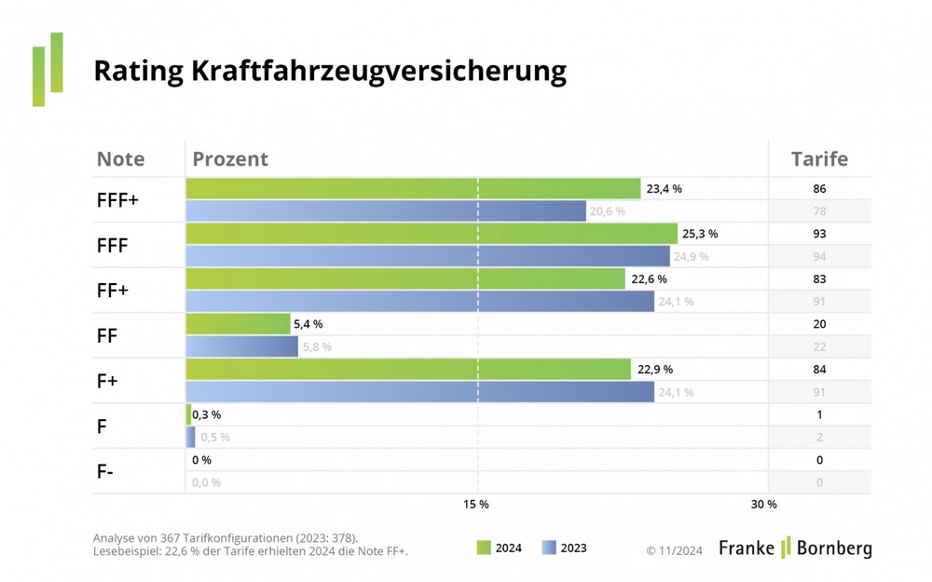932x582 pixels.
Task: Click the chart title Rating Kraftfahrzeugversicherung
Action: point(330,71)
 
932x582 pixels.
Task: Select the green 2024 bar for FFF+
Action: point(413,189)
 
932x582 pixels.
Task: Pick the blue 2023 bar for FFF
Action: point(427,256)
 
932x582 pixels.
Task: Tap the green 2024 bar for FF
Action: point(238,324)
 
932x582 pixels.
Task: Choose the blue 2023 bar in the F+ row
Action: point(419,392)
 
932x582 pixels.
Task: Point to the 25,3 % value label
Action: point(700,234)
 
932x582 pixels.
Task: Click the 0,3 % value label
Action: point(207,415)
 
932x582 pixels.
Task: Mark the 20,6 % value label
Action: point(607,211)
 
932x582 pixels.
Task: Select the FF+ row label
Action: point(113,291)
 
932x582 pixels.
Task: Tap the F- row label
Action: point(105,471)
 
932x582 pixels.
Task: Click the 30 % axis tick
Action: point(763,504)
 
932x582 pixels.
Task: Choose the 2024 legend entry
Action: point(499,548)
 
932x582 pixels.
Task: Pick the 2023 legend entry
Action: point(564,548)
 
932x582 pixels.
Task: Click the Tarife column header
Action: point(819,158)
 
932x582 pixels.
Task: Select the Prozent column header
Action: point(230,158)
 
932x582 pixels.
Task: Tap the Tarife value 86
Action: point(819,189)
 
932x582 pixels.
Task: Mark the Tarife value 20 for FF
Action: point(819,324)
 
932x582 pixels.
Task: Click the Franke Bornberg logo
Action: point(795,548)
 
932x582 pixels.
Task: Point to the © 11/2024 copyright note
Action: point(674,550)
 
